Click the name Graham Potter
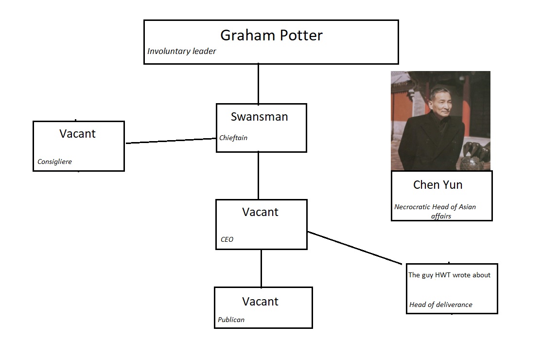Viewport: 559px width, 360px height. point(271,36)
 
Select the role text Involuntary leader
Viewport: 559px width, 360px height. point(181,52)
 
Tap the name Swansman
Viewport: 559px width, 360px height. point(259,117)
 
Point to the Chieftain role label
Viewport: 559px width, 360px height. point(233,138)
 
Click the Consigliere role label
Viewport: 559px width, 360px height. point(54,162)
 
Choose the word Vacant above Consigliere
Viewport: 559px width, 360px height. point(77,133)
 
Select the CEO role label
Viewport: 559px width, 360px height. point(227,239)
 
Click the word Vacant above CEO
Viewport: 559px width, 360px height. point(260,212)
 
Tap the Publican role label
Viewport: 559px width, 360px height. point(231,320)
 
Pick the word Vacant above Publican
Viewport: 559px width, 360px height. point(260,302)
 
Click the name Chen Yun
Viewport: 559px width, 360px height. point(438,185)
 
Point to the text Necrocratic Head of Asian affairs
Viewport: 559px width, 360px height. point(436,211)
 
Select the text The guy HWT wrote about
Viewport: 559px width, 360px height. point(449,275)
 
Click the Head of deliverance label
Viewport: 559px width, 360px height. point(441,305)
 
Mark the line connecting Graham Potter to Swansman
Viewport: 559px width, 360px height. point(259,84)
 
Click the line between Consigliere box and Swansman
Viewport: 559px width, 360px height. point(171,141)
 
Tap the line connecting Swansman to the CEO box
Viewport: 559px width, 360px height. point(259,176)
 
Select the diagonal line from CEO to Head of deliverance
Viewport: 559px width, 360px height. point(355,248)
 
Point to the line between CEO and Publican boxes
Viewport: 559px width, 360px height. point(262,269)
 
